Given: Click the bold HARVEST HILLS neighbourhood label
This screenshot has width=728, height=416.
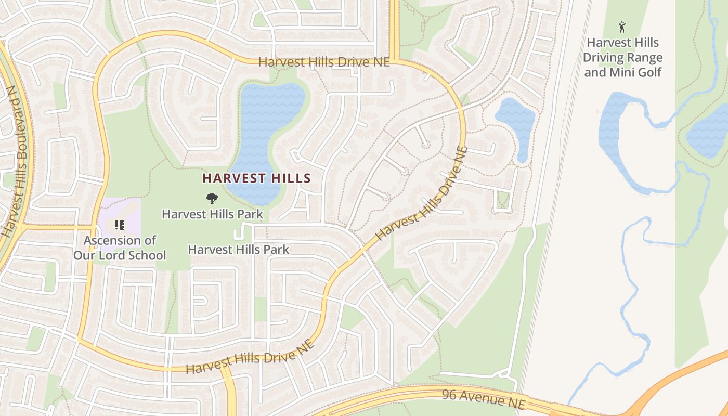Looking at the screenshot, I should click(x=256, y=178).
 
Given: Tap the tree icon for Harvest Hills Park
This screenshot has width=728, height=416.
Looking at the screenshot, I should click(x=212, y=198).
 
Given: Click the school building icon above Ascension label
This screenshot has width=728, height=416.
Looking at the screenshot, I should click(x=120, y=225).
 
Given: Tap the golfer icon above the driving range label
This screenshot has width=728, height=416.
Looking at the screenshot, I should click(x=622, y=27).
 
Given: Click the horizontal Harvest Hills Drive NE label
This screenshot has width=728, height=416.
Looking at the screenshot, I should click(x=323, y=62).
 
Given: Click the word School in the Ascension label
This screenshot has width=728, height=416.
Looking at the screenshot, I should click(x=148, y=255).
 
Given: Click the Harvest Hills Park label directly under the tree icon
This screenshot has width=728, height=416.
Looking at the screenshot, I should click(x=212, y=214).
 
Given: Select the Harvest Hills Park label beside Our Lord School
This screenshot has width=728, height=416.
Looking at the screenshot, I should click(x=238, y=250).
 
